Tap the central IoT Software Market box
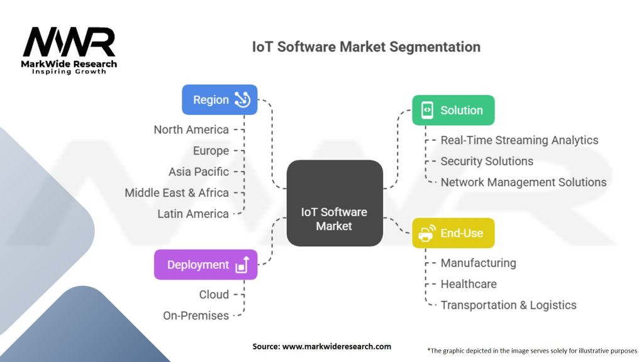335,203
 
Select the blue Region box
219,99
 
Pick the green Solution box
453,110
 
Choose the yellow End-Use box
453,233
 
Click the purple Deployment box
206,265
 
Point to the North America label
191,129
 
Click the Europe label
211,151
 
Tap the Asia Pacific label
199,172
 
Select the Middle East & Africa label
177,192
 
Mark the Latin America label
193,214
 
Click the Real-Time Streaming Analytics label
519,140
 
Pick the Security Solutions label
487,161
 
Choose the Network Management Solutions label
523,182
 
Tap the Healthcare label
469,284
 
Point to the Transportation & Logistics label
508,305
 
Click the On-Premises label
196,315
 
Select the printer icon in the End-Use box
426,234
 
